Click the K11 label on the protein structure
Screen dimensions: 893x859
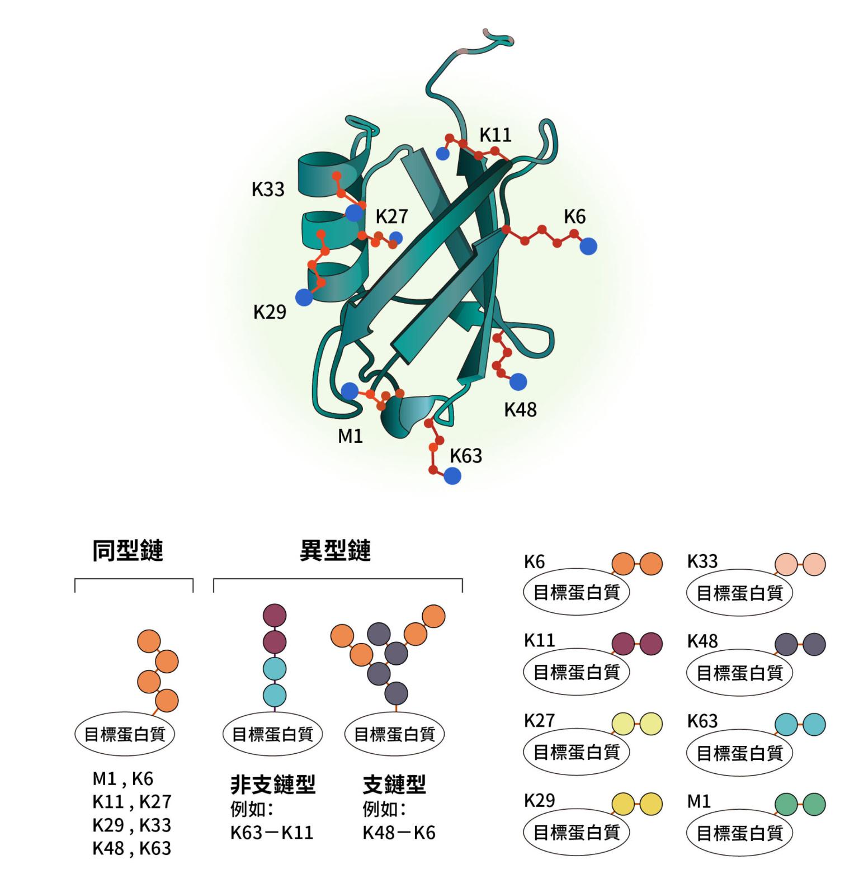tap(495, 135)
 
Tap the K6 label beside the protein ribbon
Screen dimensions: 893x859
tap(574, 216)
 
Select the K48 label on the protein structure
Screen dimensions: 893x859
tap(520, 409)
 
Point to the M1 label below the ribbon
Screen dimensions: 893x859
tap(351, 436)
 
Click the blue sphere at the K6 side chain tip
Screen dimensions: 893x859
tap(588, 246)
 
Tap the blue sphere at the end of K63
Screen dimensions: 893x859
tap(452, 476)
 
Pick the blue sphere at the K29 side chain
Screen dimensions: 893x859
tap(304, 297)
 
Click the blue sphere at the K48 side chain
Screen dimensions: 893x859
tap(518, 382)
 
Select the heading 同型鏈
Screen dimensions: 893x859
tap(128, 551)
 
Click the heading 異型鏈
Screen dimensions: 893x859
tap(335, 551)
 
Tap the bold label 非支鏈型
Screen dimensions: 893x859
tap(273, 785)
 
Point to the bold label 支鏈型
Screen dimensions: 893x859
tap(394, 785)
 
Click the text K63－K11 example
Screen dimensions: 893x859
tap(272, 833)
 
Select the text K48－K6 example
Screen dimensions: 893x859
tap(399, 833)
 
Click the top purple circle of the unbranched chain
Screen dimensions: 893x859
tap(275, 615)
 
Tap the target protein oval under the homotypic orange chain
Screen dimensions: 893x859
tap(125, 734)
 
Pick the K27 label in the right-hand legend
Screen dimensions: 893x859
tap(539, 721)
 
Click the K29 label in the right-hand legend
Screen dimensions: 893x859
tap(539, 801)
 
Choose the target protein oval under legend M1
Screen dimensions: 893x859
tap(739, 833)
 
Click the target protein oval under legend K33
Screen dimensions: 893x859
tap(739, 593)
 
